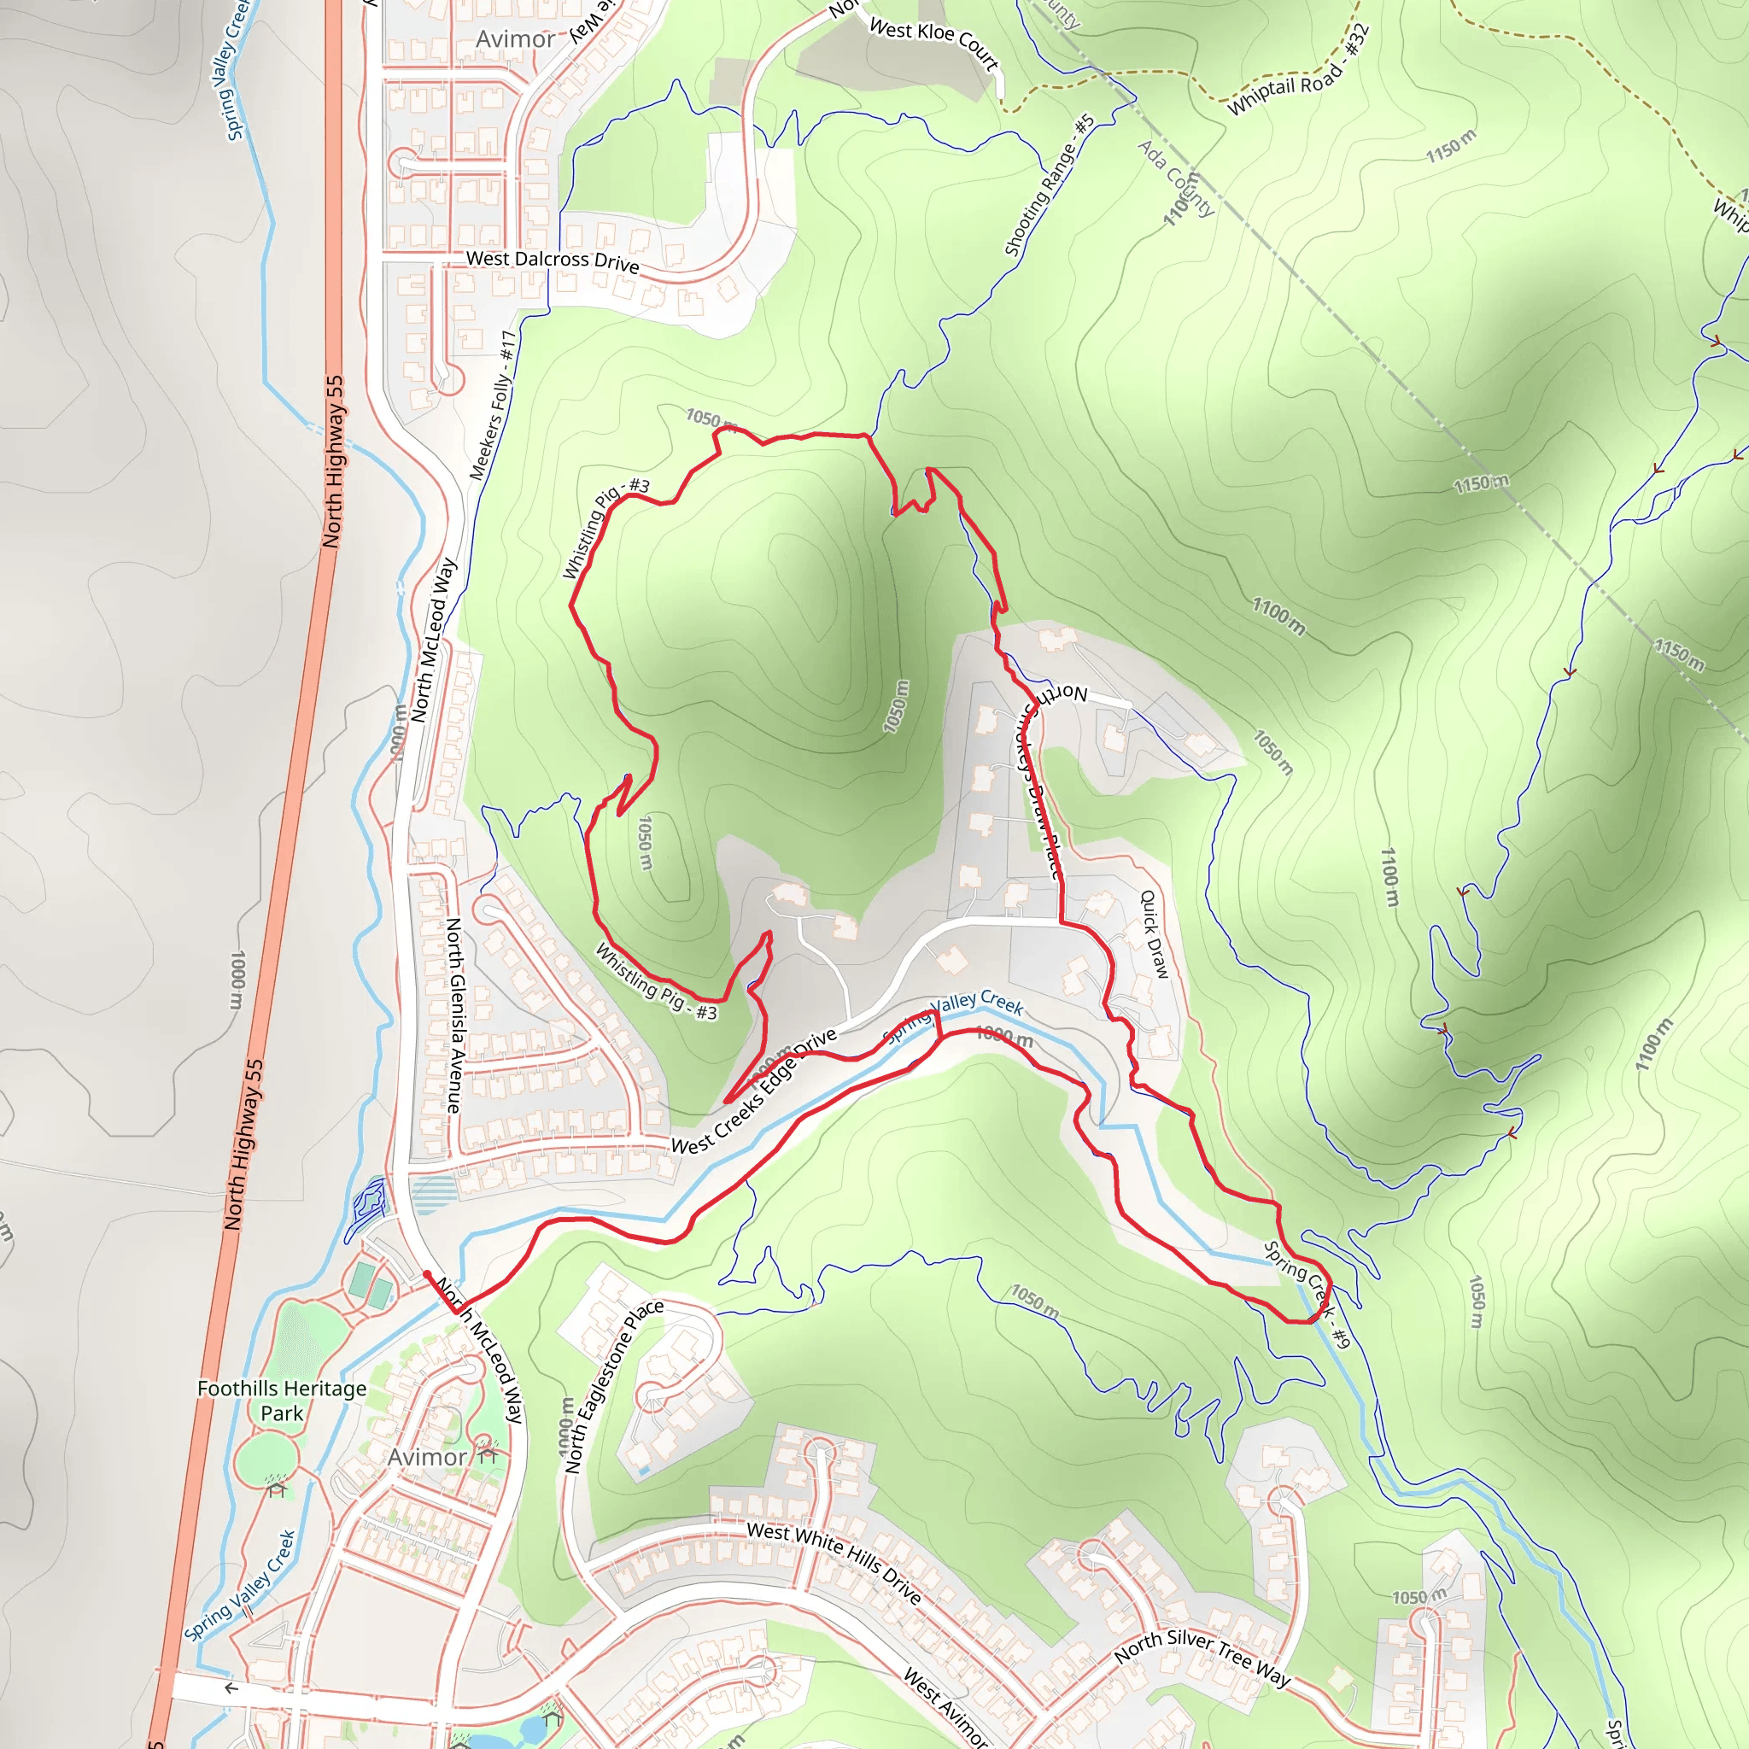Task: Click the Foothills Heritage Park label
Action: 282,1401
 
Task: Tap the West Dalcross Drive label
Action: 553,260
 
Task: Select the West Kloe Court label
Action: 933,43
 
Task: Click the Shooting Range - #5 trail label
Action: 1050,185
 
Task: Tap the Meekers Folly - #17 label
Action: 494,405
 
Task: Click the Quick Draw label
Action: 1155,933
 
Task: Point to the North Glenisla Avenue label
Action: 453,1015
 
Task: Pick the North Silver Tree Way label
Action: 1202,1658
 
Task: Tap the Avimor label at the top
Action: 515,39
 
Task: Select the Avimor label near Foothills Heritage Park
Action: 426,1457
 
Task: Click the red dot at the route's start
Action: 426,1275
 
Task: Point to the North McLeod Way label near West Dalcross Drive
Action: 434,640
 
